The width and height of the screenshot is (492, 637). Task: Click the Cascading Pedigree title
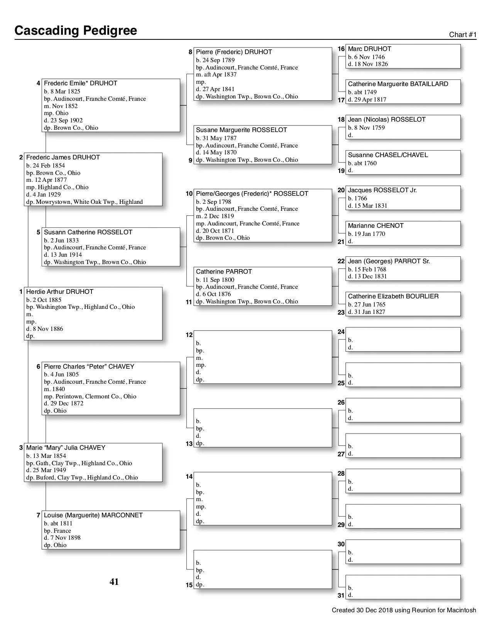point(76,30)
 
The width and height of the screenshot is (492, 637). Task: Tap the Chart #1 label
point(463,35)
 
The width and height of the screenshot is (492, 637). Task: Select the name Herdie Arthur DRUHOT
point(59,292)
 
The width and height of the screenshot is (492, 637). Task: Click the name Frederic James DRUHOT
point(63,158)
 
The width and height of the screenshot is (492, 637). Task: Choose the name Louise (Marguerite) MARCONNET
point(93,515)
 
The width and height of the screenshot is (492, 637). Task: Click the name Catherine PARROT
point(224,272)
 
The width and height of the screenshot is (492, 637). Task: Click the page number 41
point(114,582)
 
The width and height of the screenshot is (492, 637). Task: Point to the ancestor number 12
point(189,335)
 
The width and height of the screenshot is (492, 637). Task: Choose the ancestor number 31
point(341,596)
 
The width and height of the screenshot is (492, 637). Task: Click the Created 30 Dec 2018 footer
point(404,610)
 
